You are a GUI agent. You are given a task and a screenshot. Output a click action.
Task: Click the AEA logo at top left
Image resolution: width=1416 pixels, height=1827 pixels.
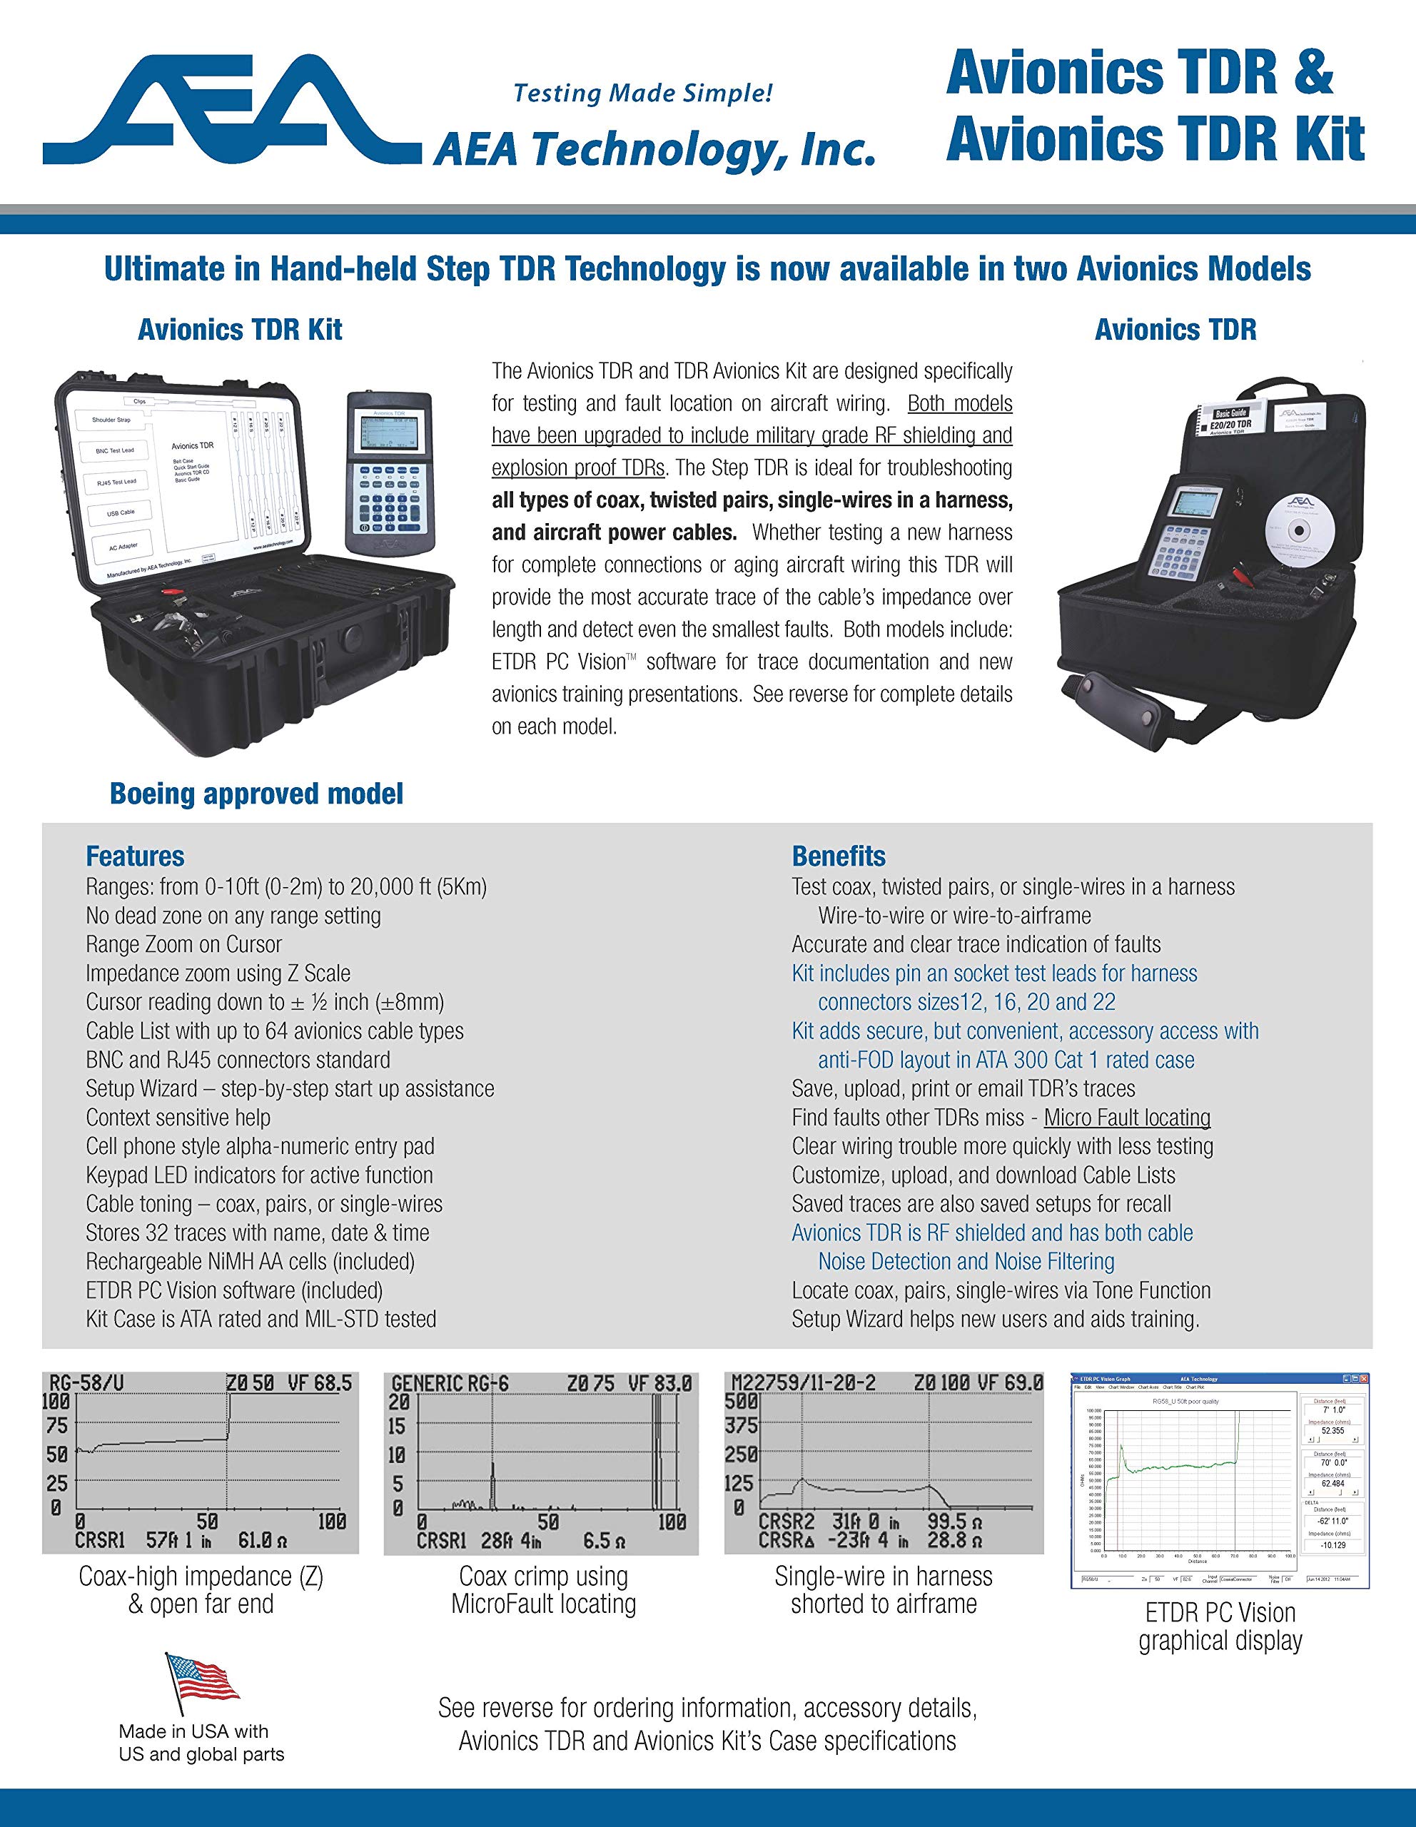pyautogui.click(x=232, y=108)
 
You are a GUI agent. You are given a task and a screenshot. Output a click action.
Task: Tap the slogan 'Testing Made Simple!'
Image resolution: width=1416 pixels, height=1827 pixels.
pyautogui.click(x=642, y=93)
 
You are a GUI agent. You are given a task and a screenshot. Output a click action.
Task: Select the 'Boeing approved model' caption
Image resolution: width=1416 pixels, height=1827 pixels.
pyautogui.click(x=256, y=793)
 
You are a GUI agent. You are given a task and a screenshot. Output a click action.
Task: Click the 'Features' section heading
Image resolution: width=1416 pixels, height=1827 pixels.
pyautogui.click(x=135, y=856)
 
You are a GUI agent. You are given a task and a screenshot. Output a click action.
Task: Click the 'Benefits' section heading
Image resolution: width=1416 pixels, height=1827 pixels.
pyautogui.click(x=838, y=856)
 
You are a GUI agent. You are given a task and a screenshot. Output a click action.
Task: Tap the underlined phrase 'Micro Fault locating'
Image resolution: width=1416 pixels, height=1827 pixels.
pyautogui.click(x=1127, y=1118)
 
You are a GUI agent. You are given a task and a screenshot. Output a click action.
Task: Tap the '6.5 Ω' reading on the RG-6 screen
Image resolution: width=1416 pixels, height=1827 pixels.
pyautogui.click(x=603, y=1541)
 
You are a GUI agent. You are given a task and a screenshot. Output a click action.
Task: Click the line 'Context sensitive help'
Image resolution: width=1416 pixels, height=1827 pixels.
pyautogui.click(x=178, y=1118)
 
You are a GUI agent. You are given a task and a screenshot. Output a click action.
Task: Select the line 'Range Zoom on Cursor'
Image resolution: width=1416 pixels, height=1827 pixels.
pyautogui.click(x=183, y=944)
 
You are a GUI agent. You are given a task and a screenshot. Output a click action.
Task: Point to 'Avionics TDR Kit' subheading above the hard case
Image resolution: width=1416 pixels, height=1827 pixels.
pyautogui.click(x=240, y=330)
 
